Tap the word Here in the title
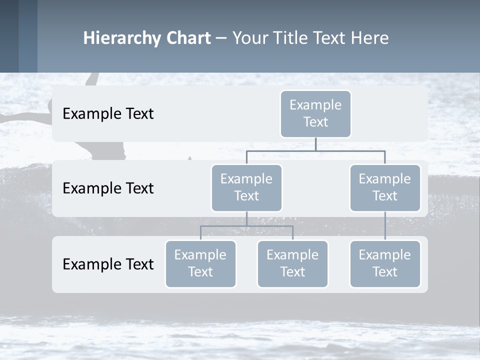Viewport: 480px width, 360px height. tap(369, 38)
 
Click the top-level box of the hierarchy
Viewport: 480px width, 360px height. tap(315, 113)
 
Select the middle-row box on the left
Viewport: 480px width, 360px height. tap(246, 187)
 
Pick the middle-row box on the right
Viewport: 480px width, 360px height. tap(385, 187)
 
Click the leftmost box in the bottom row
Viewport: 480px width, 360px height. tap(200, 263)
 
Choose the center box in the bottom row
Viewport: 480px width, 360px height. tap(292, 263)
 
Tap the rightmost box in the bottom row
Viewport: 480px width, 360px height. tap(385, 263)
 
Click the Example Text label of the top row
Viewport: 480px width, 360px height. tap(108, 113)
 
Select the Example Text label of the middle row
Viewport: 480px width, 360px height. tap(108, 188)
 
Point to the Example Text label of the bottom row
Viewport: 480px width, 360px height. tap(108, 264)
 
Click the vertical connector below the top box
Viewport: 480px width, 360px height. tap(315, 144)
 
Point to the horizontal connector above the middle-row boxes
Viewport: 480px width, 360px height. tap(315, 150)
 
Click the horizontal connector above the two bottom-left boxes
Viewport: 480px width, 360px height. tap(246, 226)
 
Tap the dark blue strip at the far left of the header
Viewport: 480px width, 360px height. tap(9, 36)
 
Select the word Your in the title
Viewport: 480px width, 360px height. tap(249, 38)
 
